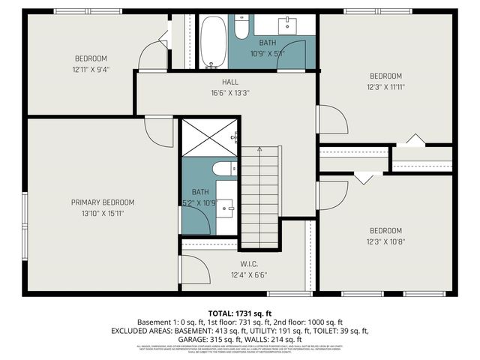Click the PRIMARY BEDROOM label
click(103, 202)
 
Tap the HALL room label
click(229, 82)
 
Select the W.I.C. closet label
click(249, 263)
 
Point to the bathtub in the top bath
click(212, 43)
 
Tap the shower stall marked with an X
click(209, 137)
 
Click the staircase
click(259, 196)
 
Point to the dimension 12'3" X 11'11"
click(385, 88)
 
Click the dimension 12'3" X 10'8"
click(385, 242)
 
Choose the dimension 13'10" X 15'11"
click(103, 214)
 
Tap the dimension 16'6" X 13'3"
click(229, 94)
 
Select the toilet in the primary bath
click(223, 169)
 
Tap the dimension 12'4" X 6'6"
click(249, 275)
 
